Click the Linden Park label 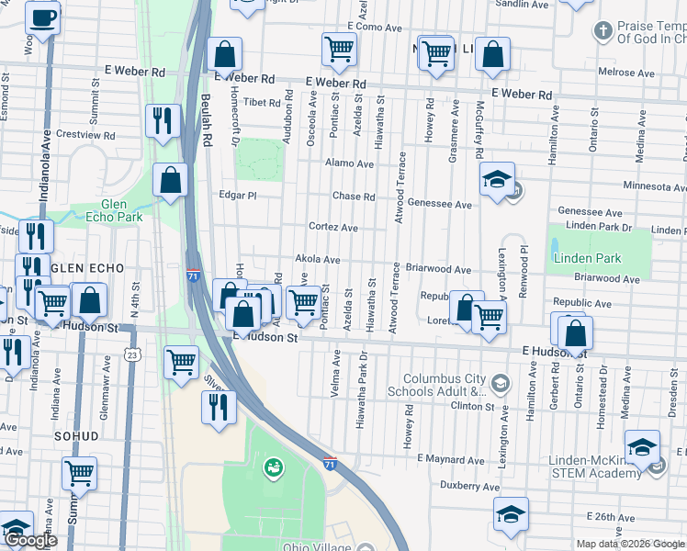point(587,258)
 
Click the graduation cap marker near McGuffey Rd point(497,179)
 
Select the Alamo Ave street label point(349,163)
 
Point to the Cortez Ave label point(332,227)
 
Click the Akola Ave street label point(318,260)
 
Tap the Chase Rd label point(354,197)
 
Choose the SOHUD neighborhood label point(75,436)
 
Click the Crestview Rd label point(84,134)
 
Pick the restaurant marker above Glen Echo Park point(163,120)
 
